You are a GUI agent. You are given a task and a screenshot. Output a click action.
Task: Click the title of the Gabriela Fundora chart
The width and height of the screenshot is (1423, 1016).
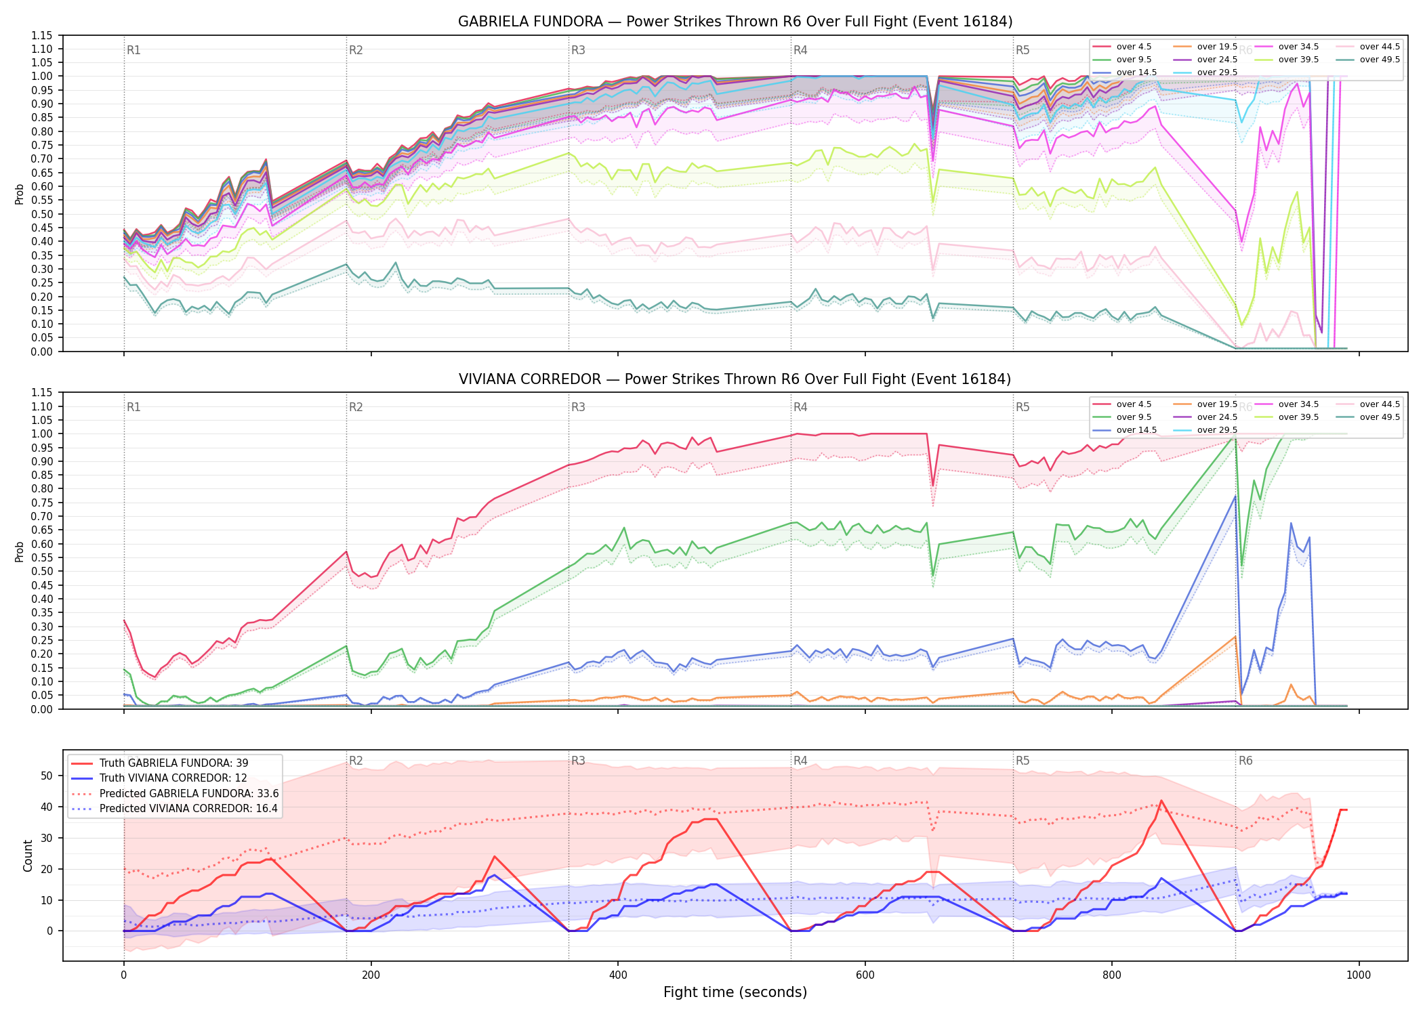[x=735, y=22]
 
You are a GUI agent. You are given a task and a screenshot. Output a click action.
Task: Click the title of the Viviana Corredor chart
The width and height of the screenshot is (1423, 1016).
[x=735, y=379]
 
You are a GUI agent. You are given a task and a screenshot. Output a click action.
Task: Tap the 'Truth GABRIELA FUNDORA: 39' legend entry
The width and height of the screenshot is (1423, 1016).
[x=173, y=763]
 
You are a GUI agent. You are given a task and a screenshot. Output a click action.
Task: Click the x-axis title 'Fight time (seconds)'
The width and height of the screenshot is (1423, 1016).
[x=735, y=992]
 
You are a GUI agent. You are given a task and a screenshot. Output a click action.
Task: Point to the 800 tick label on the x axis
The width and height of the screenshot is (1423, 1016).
[x=1112, y=975]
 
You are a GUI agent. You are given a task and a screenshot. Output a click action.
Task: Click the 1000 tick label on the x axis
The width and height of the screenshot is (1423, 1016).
[x=1359, y=975]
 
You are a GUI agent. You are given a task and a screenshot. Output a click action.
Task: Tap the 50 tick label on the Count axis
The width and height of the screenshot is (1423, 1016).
[x=47, y=776]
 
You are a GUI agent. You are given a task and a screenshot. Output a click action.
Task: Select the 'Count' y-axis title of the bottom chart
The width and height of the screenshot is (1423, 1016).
[x=28, y=855]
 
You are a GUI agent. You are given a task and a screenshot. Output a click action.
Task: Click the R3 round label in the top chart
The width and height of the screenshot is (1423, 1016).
[x=578, y=50]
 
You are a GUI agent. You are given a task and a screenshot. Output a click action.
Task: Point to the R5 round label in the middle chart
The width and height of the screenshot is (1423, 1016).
[x=1023, y=407]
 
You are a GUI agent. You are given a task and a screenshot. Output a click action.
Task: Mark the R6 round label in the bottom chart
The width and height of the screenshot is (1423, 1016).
[x=1245, y=761]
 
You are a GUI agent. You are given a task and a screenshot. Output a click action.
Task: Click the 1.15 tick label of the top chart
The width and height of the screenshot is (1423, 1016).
[x=41, y=35]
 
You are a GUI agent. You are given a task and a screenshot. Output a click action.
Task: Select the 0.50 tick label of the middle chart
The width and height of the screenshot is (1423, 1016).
[x=41, y=571]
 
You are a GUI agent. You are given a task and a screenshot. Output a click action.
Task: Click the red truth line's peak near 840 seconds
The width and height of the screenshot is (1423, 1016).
[x=1161, y=801]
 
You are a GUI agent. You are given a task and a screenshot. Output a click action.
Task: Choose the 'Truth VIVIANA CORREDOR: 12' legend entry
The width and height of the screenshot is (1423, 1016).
[x=173, y=778]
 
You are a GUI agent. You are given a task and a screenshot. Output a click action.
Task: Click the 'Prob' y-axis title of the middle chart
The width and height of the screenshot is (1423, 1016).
[x=20, y=551]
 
